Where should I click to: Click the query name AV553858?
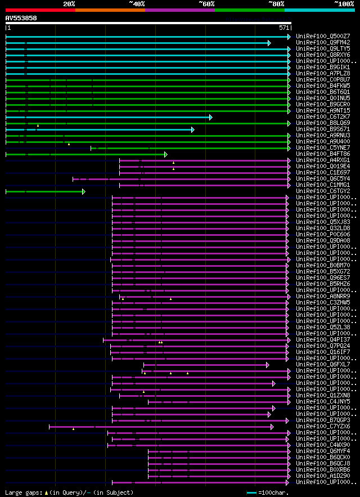click(21, 18)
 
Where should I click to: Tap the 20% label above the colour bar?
click(69, 3)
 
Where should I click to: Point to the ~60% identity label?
click(206, 3)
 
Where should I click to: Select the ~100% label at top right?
click(344, 3)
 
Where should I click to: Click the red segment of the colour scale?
click(40, 10)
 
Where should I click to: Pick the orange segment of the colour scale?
click(110, 10)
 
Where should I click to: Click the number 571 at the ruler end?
click(283, 28)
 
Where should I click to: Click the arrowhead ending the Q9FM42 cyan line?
click(269, 43)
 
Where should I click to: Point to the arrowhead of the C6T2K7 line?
click(211, 117)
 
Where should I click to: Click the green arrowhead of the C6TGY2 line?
click(84, 191)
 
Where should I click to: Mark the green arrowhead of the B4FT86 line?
click(166, 154)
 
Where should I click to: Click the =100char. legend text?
click(274, 492)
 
